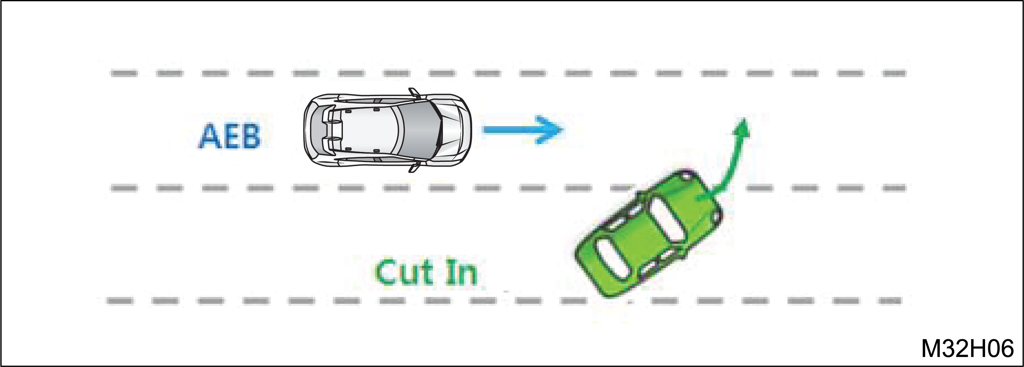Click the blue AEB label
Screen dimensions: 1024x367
(229, 137)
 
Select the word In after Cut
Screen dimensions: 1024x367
(461, 272)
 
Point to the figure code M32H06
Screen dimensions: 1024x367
(968, 349)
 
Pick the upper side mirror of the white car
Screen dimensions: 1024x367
(414, 93)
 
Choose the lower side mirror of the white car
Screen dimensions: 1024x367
(414, 167)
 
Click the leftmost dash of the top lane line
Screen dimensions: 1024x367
(124, 73)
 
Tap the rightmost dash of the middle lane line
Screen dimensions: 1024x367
(894, 188)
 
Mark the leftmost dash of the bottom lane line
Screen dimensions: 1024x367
(120, 301)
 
